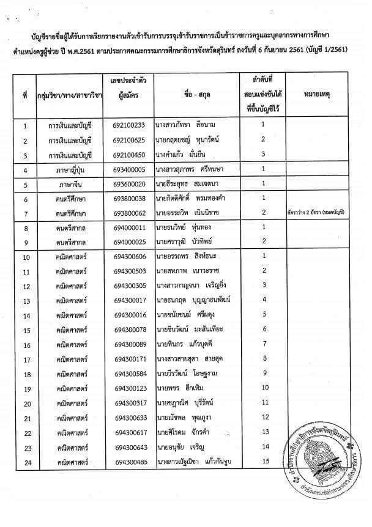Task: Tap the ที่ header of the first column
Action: click(x=25, y=95)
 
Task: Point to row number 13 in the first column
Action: click(x=26, y=301)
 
